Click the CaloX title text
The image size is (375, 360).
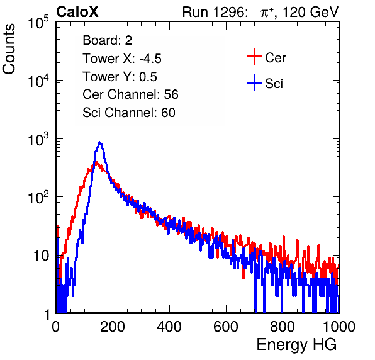[x=77, y=12]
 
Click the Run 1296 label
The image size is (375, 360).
[x=213, y=12]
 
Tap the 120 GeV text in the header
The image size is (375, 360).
[x=311, y=12]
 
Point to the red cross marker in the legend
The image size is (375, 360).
[x=254, y=57]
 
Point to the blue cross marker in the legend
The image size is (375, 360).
[x=254, y=83]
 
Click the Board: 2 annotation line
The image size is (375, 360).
[x=108, y=40]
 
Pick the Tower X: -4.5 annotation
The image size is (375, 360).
[x=122, y=59]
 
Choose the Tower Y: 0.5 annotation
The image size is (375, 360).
[x=120, y=77]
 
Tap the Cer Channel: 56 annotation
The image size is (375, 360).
[x=130, y=94]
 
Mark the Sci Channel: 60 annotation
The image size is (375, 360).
[x=129, y=113]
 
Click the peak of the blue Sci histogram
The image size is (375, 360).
[x=100, y=142]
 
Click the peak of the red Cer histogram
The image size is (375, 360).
[x=96, y=162]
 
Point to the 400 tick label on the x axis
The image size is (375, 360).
[x=169, y=327]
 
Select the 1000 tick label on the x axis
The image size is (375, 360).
[x=339, y=327]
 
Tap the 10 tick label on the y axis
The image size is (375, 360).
[x=41, y=256]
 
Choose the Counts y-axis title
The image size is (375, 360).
[x=9, y=49]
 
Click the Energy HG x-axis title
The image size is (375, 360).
[x=296, y=345]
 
